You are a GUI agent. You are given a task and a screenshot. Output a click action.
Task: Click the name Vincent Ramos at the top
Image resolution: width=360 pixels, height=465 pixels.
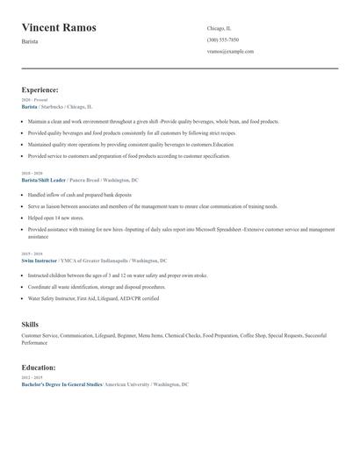pyautogui.click(x=59, y=28)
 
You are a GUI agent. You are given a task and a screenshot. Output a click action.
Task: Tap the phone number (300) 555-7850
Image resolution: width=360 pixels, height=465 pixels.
pyautogui.click(x=223, y=39)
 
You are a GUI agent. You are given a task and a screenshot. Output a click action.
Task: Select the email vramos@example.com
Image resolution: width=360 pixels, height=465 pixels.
pyautogui.click(x=230, y=51)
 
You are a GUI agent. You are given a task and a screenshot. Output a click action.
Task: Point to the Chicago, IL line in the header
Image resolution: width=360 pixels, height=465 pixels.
pyautogui.click(x=220, y=28)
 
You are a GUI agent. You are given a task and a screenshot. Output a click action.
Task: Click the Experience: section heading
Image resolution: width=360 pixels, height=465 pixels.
pyautogui.click(x=40, y=89)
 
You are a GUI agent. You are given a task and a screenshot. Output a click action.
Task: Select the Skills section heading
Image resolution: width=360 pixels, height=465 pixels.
pyautogui.click(x=30, y=325)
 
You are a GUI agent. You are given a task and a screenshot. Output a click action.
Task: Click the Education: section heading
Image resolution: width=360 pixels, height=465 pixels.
pyautogui.click(x=39, y=368)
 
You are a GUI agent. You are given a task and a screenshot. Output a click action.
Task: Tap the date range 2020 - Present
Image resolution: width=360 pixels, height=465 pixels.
pyautogui.click(x=34, y=100)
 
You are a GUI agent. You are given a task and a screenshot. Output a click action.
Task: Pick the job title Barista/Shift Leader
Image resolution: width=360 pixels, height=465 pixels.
pyautogui.click(x=43, y=180)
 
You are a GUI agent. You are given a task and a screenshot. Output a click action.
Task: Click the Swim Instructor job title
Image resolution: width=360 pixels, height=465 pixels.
pyautogui.click(x=39, y=261)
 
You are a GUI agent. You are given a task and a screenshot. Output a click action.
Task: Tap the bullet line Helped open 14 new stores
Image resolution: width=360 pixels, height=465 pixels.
pyautogui.click(x=56, y=218)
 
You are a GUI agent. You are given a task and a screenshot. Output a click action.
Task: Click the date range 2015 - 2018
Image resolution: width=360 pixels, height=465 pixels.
pyautogui.click(x=32, y=254)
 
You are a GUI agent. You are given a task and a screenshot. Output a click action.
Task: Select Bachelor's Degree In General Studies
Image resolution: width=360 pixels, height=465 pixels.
pyautogui.click(x=61, y=384)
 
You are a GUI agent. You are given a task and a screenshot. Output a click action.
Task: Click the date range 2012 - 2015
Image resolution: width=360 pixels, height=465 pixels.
pyautogui.click(x=32, y=378)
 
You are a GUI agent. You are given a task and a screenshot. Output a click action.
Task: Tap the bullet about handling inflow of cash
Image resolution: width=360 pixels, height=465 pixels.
pyautogui.click(x=79, y=195)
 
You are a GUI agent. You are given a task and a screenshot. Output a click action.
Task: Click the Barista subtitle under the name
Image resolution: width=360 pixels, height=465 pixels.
pyautogui.click(x=30, y=41)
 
